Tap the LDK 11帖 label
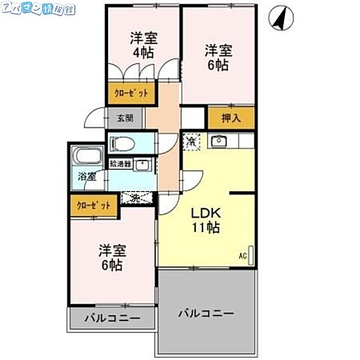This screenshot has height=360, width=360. coord(203,219)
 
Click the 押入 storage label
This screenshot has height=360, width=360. coord(231,117)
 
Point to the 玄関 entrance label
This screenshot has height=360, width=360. coord(124,118)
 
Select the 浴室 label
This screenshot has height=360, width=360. coord(86,178)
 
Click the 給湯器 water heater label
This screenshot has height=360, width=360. coord(120,163)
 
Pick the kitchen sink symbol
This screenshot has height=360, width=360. coord(219,141)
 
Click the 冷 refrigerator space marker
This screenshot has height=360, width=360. coord(192,141)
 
